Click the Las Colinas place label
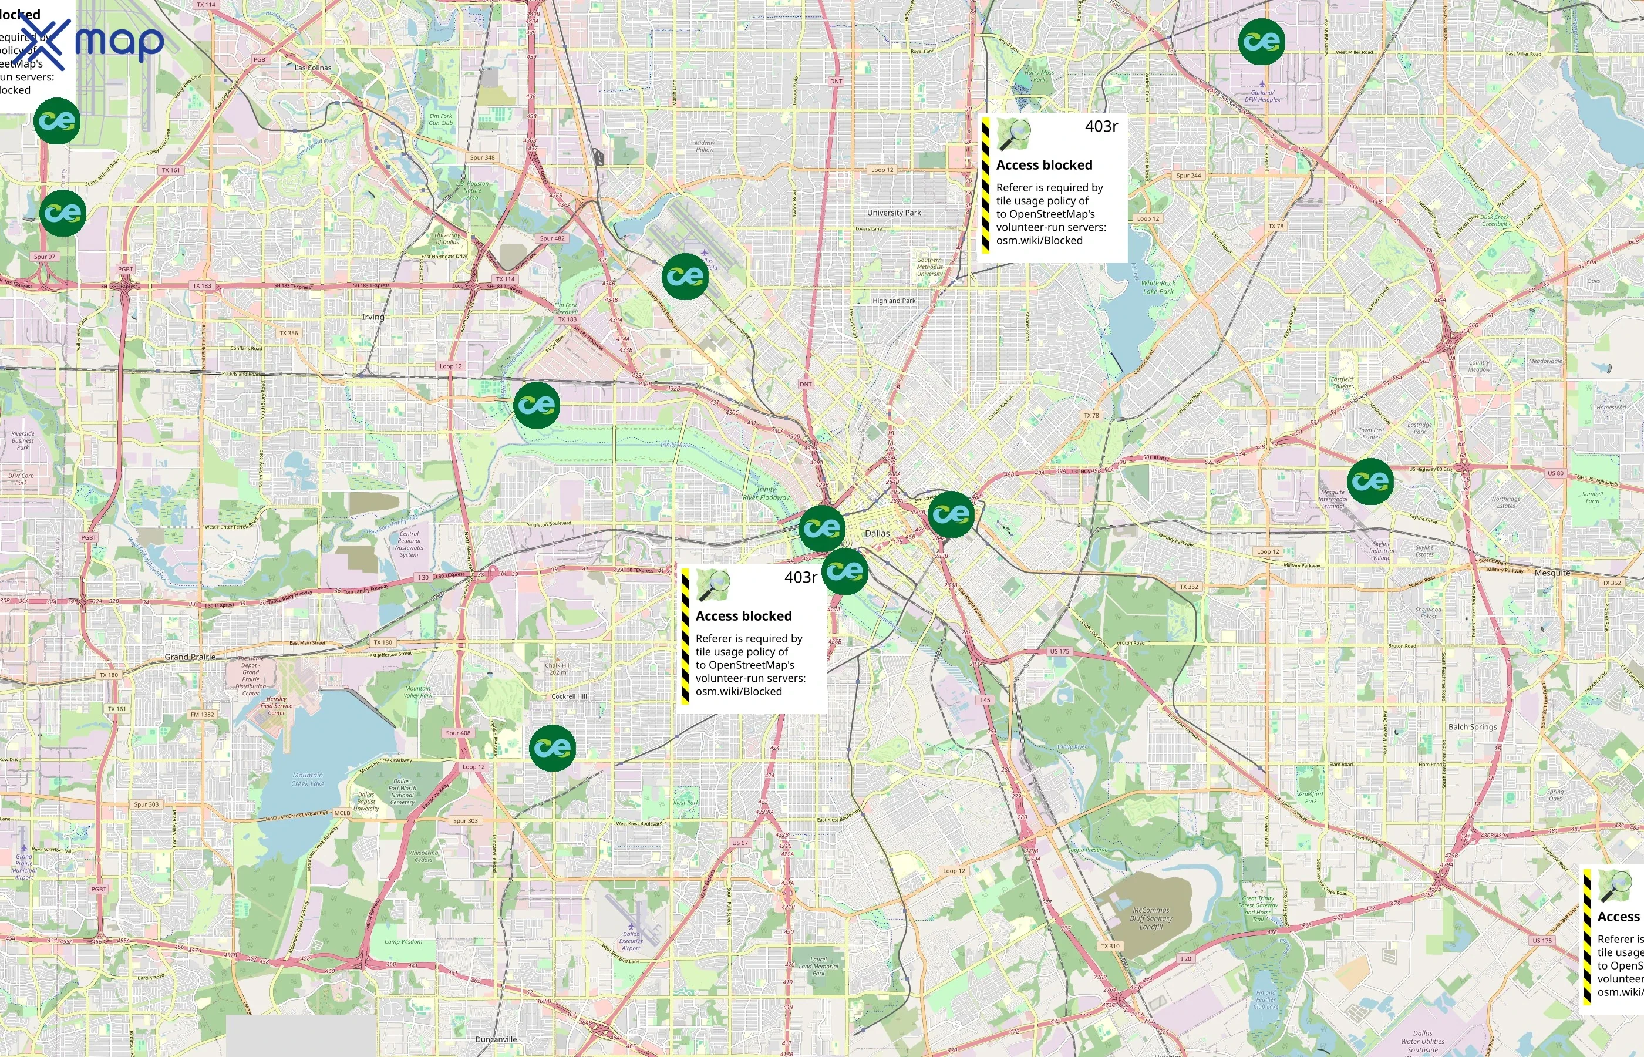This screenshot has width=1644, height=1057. click(x=313, y=68)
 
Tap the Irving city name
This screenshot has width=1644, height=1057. click(x=373, y=317)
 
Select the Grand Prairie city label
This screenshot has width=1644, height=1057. click(x=190, y=657)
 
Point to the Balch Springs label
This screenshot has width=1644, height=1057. click(x=1473, y=727)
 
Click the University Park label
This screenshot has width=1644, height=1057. click(x=894, y=213)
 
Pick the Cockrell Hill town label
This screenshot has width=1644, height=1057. click(x=569, y=696)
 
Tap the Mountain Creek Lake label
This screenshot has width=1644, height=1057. click(x=308, y=779)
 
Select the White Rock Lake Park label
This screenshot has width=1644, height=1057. click(x=1158, y=287)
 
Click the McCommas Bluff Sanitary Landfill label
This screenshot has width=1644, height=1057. click(x=1151, y=918)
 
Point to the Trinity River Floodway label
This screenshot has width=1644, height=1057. click(x=766, y=493)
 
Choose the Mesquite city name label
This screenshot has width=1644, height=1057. click(x=1552, y=573)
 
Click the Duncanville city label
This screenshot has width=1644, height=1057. click(x=496, y=1039)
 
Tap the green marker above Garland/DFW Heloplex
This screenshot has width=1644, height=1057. click(x=1261, y=42)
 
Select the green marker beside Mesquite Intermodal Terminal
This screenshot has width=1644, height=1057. click(x=1370, y=481)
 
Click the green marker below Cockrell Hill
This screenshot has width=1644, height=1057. click(x=553, y=748)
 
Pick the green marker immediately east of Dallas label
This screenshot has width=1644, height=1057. click(x=951, y=514)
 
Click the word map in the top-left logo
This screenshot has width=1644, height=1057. click(x=119, y=42)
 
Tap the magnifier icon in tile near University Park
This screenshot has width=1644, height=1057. click(x=1013, y=134)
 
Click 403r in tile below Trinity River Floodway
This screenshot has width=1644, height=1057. click(x=800, y=577)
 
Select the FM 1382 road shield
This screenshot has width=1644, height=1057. click(x=203, y=715)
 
